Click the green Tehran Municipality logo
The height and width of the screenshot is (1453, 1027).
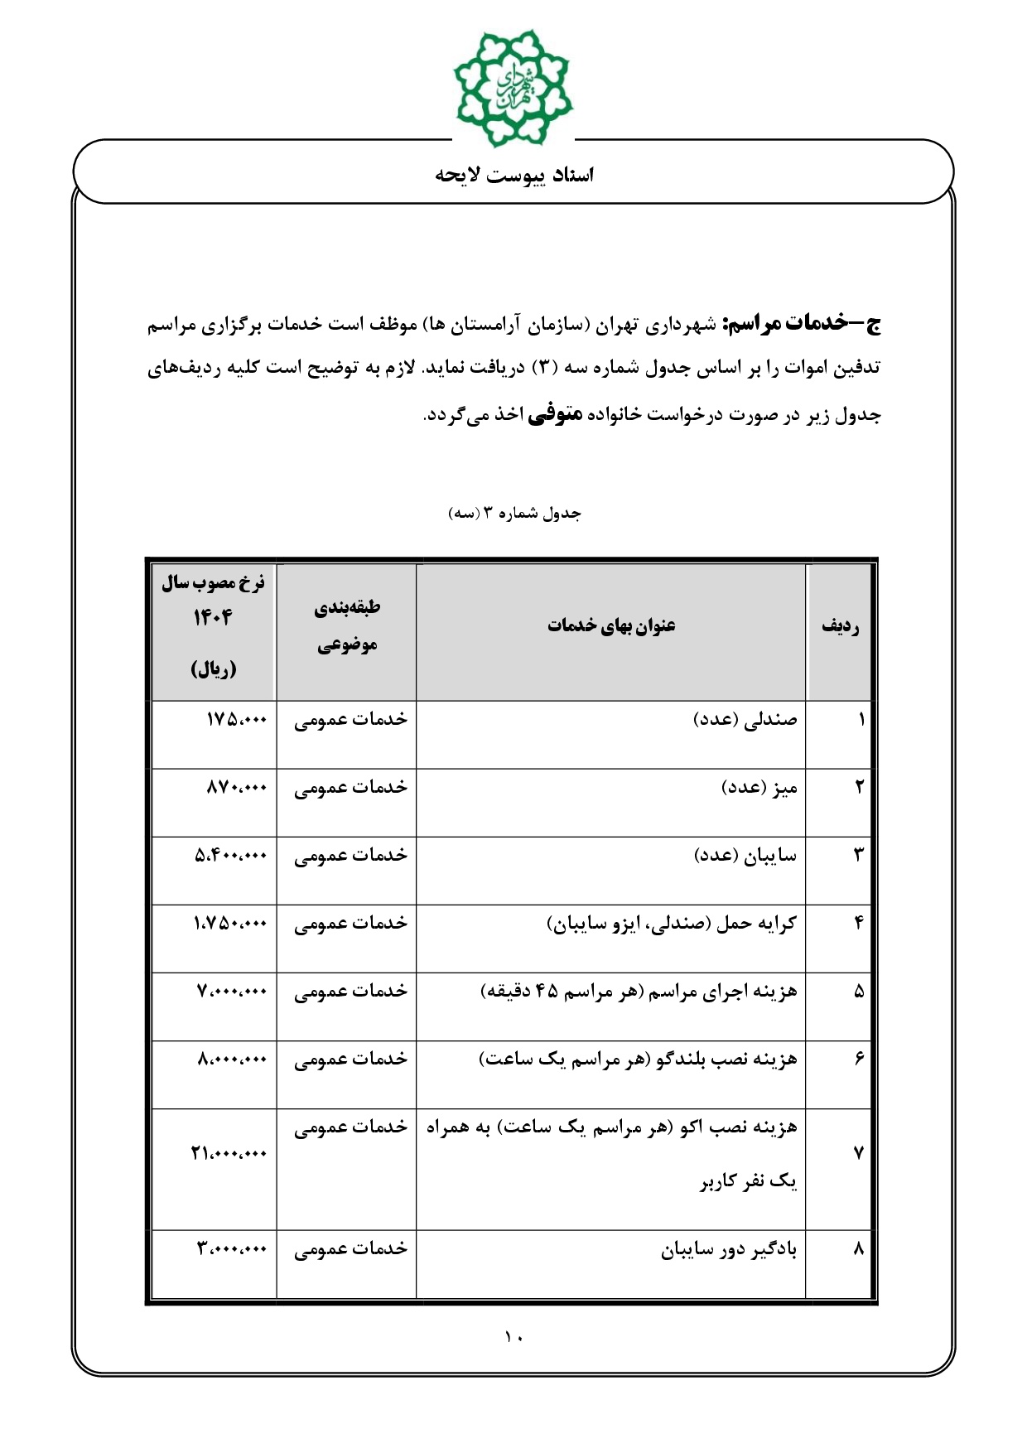[513, 86]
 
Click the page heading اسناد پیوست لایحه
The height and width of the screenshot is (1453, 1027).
[514, 175]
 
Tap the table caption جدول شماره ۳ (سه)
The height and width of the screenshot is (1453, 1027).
[514, 514]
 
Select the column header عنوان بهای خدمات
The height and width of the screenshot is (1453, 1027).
[611, 626]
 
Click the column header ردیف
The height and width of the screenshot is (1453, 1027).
[840, 626]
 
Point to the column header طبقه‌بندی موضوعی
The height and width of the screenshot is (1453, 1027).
[347, 626]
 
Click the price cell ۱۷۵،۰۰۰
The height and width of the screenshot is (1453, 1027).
[236, 720]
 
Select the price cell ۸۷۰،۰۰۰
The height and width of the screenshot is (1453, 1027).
[236, 788]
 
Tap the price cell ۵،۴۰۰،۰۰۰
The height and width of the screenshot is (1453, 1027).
[231, 856]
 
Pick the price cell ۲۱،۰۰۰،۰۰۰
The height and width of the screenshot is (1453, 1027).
[229, 1153]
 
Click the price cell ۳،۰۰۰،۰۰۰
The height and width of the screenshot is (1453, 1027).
[232, 1248]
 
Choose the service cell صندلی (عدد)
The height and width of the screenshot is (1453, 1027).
[745, 720]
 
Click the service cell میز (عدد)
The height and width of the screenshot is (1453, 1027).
[759, 788]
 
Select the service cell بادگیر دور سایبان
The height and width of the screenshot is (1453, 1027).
[729, 1249]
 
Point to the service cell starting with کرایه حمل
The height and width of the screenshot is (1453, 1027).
[672, 924]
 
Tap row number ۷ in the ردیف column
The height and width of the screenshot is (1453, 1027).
[858, 1153]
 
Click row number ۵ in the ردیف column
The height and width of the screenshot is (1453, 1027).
[859, 992]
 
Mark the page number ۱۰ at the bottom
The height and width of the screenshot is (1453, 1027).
[513, 1336]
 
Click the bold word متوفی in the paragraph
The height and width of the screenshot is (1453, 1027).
[554, 413]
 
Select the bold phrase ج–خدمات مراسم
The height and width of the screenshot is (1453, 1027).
[801, 323]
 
